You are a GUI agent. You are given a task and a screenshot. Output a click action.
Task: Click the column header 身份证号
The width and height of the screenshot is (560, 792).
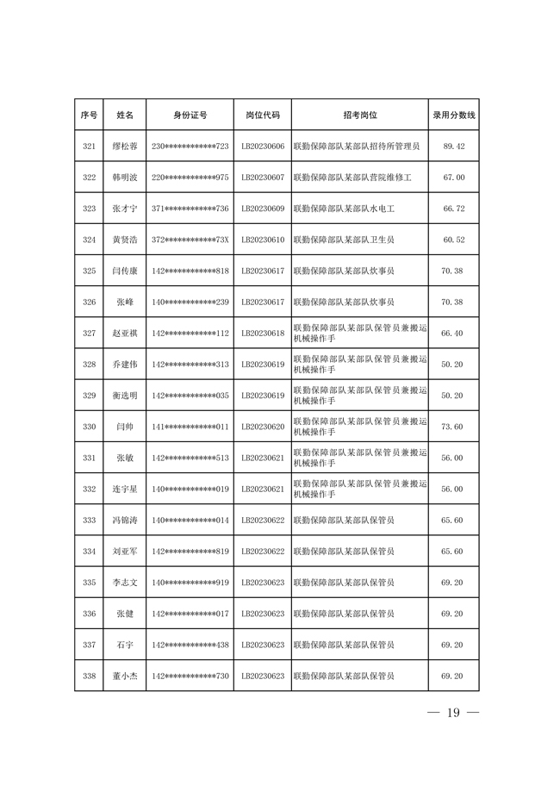click(190, 115)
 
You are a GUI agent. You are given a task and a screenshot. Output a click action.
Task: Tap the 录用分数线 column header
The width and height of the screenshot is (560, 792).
click(453, 115)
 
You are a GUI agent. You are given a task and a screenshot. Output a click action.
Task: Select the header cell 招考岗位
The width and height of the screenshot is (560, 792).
click(359, 115)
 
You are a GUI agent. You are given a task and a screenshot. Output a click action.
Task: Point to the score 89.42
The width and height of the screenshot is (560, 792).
click(453, 147)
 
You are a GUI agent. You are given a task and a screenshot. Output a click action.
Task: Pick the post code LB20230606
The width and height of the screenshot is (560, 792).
click(263, 147)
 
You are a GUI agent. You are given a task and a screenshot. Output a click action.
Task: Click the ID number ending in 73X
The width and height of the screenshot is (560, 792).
click(190, 240)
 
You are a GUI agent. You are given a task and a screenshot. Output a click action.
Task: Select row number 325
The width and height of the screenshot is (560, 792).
click(89, 271)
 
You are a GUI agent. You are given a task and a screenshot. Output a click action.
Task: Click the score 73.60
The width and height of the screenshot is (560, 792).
click(453, 427)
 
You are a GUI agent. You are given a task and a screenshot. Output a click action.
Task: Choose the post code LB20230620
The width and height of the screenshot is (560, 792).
click(263, 427)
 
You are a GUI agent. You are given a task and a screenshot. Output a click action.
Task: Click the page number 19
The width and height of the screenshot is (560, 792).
click(453, 714)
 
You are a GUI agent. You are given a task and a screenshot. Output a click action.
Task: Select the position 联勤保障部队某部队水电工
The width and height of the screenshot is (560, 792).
click(345, 209)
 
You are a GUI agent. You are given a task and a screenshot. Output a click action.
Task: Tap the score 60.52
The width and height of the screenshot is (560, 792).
click(453, 240)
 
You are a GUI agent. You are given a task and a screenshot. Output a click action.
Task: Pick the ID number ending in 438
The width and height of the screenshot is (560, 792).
click(190, 645)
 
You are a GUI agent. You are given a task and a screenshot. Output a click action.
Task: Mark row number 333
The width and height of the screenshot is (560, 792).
click(89, 520)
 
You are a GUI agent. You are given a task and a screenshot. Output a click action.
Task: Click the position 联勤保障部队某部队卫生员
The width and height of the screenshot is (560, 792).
click(345, 240)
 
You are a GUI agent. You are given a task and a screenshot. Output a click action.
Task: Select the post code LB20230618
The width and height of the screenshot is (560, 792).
click(263, 333)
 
